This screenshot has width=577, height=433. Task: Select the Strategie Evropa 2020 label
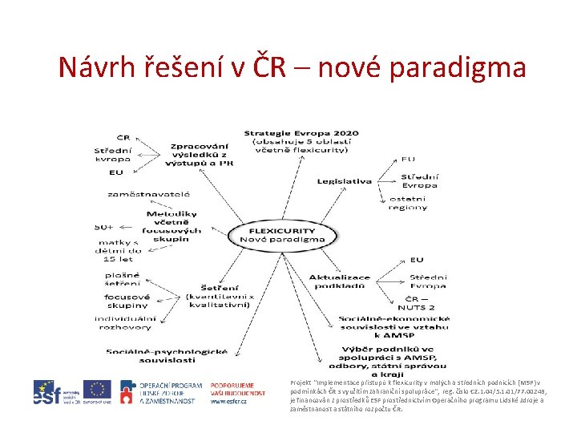click(x=301, y=140)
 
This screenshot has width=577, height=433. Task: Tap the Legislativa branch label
click(x=345, y=181)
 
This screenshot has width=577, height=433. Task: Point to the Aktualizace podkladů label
click(x=340, y=281)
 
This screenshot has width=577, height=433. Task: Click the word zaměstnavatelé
click(x=149, y=194)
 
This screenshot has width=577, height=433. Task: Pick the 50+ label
click(x=104, y=227)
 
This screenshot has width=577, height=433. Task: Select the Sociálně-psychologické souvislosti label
click(x=167, y=354)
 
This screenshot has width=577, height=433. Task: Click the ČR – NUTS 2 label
click(x=420, y=301)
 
